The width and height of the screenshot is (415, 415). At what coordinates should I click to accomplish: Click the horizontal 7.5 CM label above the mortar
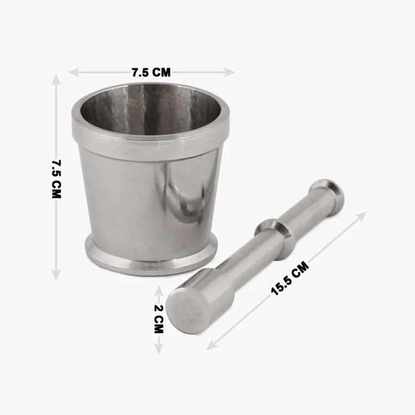[151, 72]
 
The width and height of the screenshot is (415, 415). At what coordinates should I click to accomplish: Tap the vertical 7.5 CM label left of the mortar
[56, 179]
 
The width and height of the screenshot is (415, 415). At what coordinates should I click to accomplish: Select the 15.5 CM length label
[290, 278]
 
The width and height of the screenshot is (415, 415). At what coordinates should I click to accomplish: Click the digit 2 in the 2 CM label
[158, 308]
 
